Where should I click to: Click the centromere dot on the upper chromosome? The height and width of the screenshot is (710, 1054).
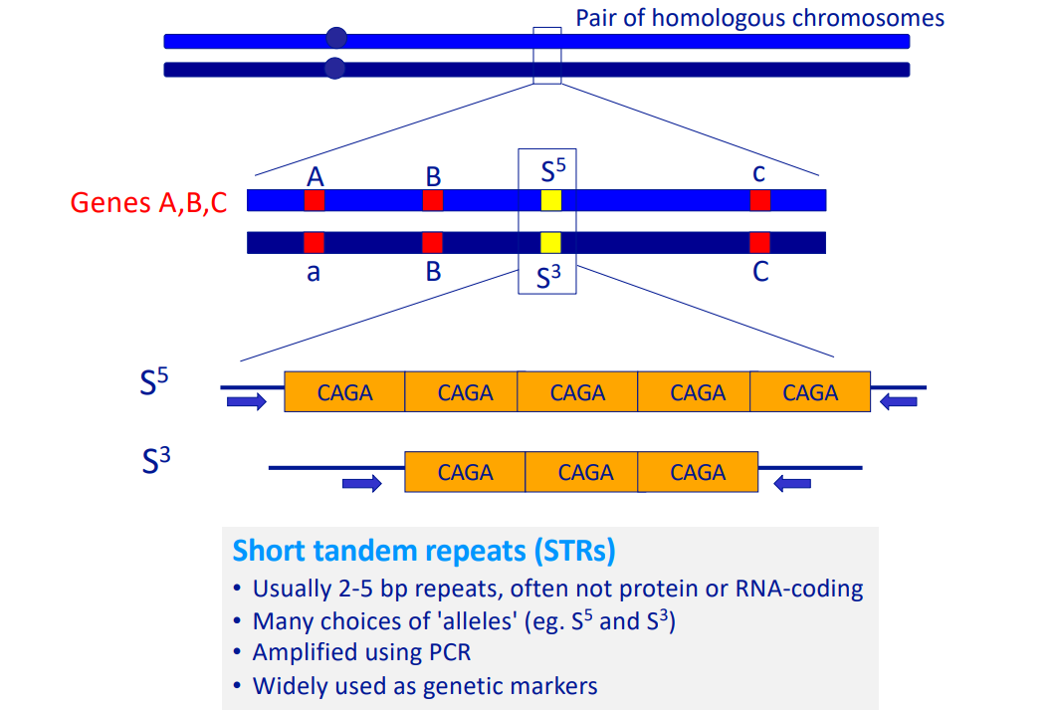(336, 38)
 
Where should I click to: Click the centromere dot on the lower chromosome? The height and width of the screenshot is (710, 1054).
(334, 68)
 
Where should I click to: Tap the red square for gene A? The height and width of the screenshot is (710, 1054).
(314, 200)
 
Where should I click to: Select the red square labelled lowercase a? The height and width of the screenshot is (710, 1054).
(314, 242)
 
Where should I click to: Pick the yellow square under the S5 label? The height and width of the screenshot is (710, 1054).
(551, 200)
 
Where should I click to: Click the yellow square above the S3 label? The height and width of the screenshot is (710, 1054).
(550, 242)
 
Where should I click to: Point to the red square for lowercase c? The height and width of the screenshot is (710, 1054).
(760, 200)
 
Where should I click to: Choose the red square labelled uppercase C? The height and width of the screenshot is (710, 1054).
(759, 242)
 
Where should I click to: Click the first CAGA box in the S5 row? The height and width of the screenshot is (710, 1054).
(344, 391)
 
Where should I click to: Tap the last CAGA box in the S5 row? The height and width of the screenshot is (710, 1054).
(810, 391)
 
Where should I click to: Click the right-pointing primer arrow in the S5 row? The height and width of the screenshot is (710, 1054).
(247, 402)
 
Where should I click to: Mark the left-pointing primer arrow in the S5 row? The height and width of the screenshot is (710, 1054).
(899, 402)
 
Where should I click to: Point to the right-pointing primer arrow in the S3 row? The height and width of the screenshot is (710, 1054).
(362, 483)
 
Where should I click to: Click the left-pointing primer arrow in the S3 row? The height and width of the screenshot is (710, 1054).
(792, 483)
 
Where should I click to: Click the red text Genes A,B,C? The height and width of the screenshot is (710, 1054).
(148, 202)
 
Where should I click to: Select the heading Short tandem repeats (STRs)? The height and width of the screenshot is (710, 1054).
(424, 551)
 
